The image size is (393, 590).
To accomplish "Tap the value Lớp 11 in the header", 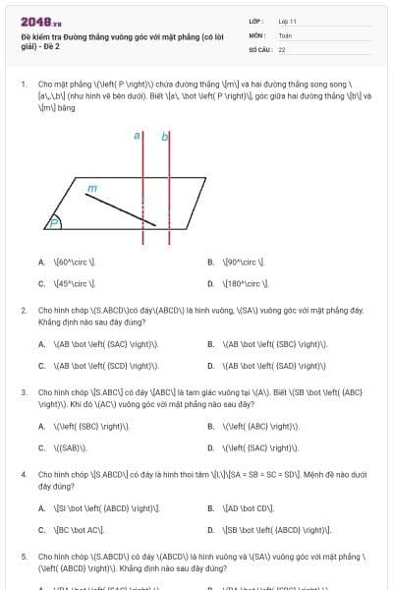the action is pyautogui.click(x=287, y=21).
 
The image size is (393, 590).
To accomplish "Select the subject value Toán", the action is pyautogui.click(x=285, y=34).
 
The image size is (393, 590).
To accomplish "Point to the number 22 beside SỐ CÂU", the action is pyautogui.click(x=282, y=49).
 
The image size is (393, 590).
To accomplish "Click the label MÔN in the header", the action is pyautogui.click(x=257, y=34).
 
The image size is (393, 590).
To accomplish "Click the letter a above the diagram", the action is pyautogui.click(x=139, y=137).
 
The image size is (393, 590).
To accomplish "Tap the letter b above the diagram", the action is pyautogui.click(x=164, y=137).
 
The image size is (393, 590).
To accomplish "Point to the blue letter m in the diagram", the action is pyautogui.click(x=93, y=187).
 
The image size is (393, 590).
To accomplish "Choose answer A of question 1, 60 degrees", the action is pyautogui.click(x=69, y=263).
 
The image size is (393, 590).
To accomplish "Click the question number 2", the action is pyautogui.click(x=24, y=311).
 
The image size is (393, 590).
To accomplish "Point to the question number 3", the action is pyautogui.click(x=24, y=391).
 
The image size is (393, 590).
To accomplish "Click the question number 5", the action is pyautogui.click(x=24, y=555).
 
